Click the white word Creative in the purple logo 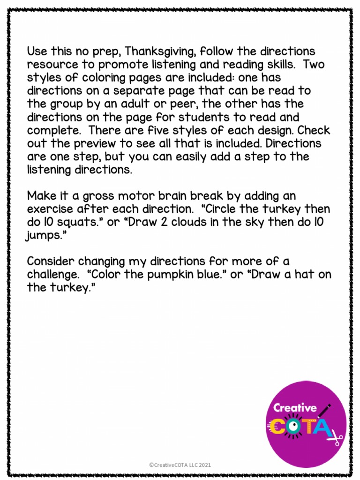coord(295,407)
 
